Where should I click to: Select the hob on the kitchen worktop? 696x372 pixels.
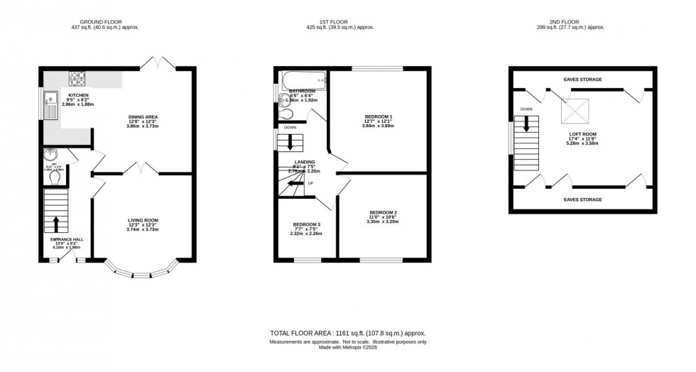[x=77, y=75]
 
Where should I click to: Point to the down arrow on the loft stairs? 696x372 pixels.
[x=527, y=125]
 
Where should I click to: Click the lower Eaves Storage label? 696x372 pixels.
[x=583, y=199]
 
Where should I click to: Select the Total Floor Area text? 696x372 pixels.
[x=347, y=333]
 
